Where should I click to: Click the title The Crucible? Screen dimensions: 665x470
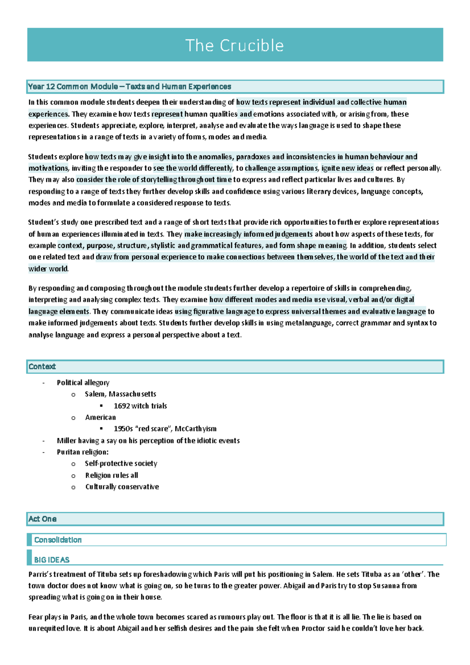234,45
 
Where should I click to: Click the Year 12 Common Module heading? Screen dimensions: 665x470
129,87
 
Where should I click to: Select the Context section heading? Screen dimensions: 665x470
42,367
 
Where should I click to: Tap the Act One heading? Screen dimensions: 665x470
42,519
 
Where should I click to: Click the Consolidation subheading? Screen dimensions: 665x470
58,540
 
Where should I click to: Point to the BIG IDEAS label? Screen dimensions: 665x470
52,560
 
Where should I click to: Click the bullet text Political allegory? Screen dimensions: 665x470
83,383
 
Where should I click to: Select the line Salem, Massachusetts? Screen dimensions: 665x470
120,394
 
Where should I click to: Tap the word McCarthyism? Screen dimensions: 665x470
195,429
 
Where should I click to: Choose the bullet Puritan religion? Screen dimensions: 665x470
83,452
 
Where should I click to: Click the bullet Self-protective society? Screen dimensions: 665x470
121,463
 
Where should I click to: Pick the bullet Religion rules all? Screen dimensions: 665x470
112,475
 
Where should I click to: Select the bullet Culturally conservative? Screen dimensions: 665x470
122,487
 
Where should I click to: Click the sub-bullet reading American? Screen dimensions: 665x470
100,417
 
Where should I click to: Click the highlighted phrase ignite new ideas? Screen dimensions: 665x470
347,168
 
